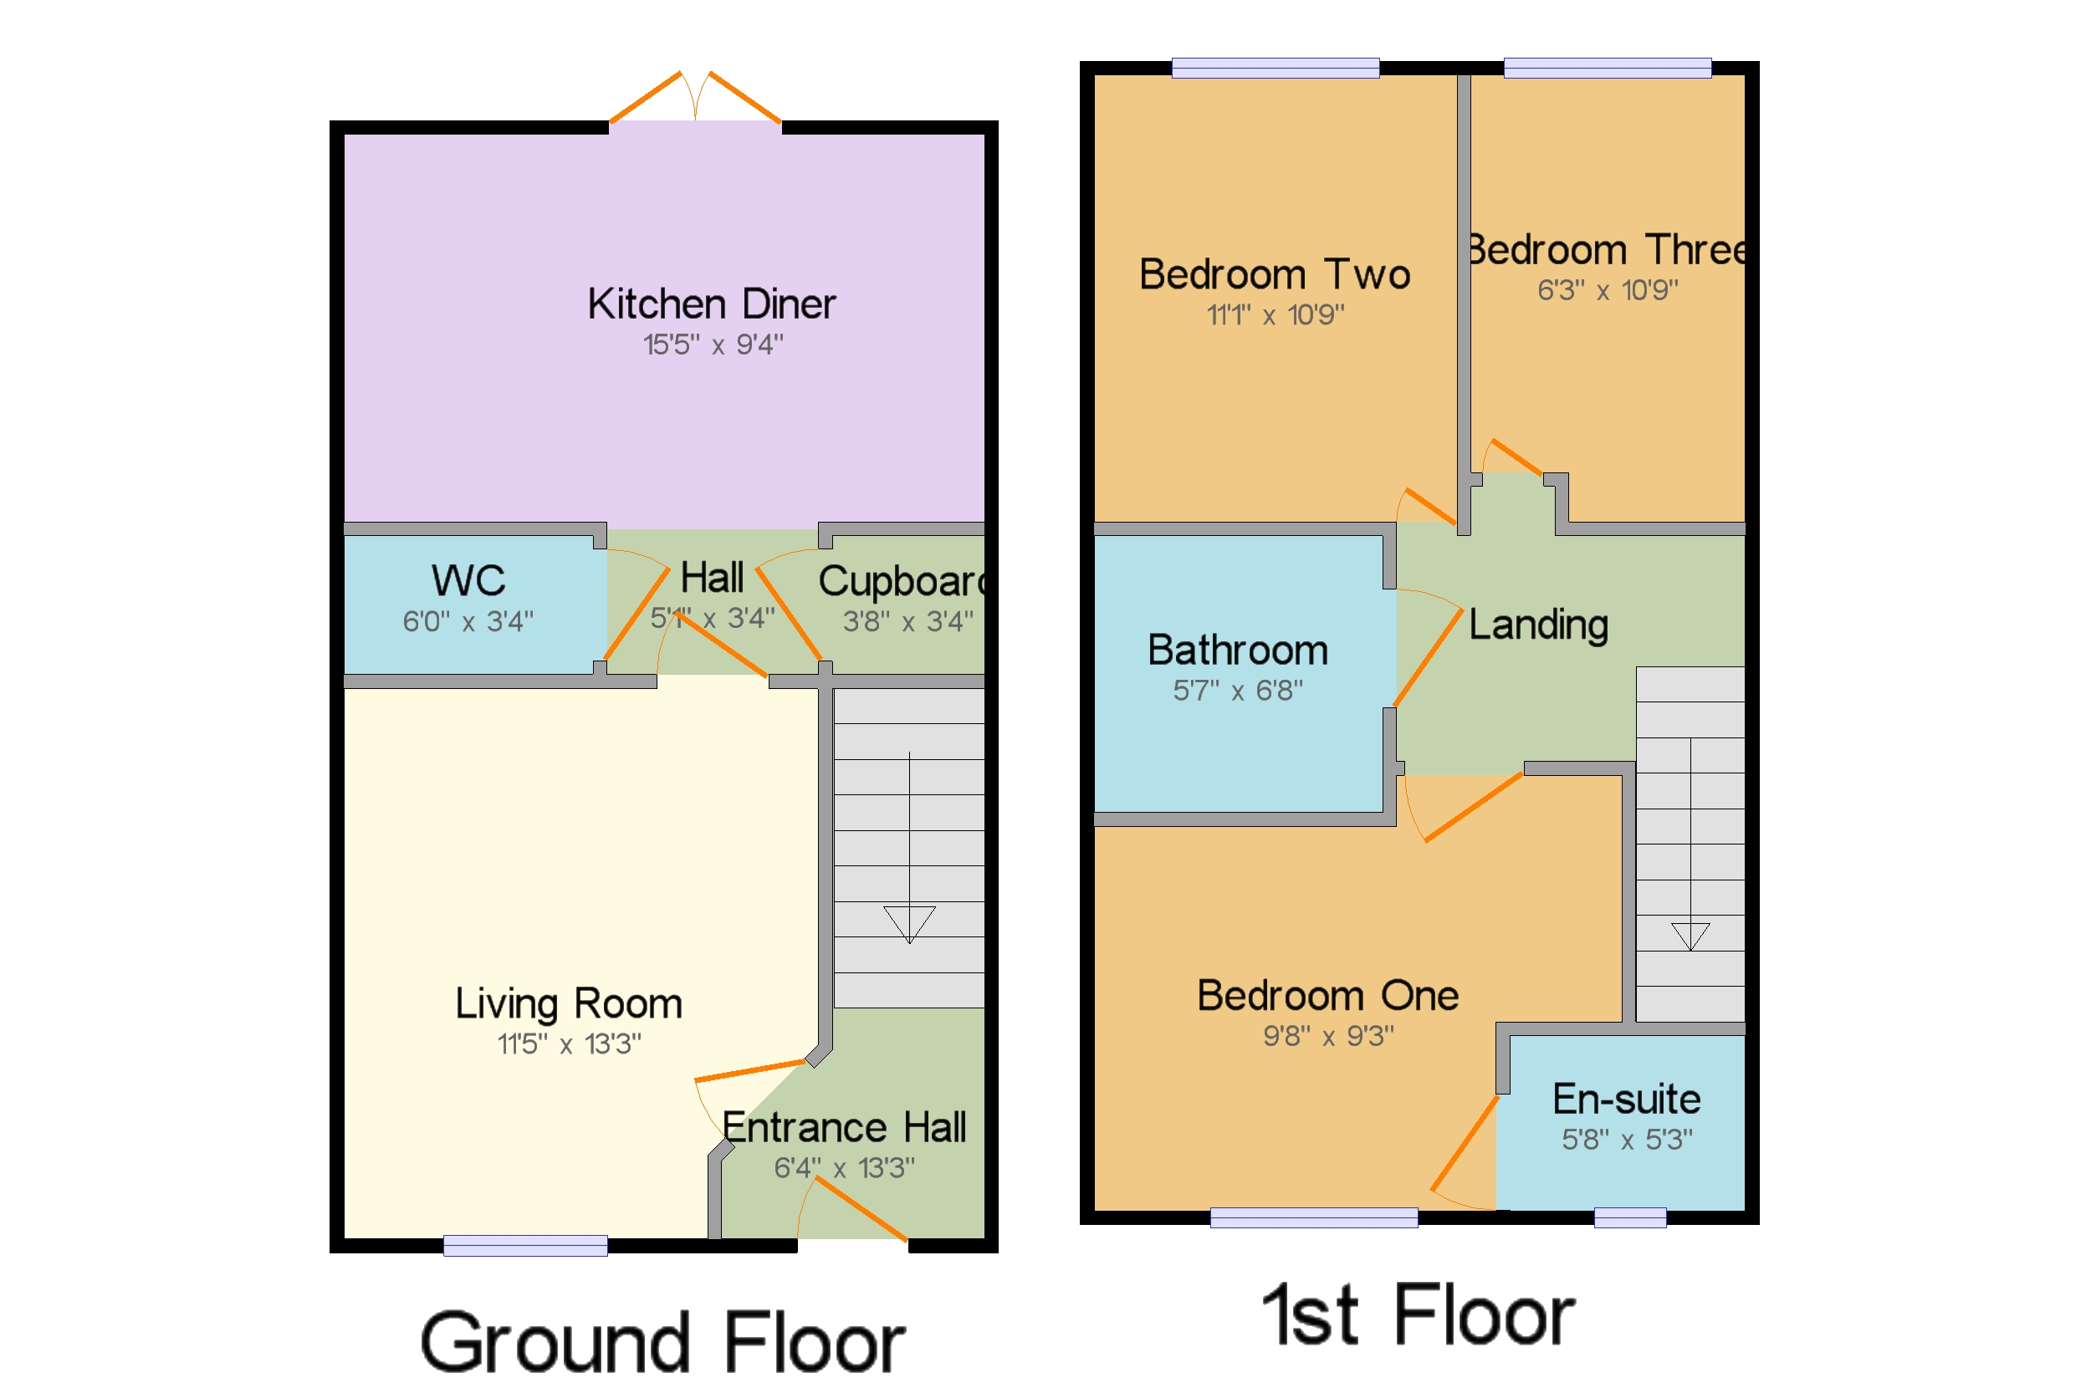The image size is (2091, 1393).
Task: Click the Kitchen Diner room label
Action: [711, 304]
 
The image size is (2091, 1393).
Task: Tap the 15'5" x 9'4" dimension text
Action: [713, 344]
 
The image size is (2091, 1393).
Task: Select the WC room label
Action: [468, 581]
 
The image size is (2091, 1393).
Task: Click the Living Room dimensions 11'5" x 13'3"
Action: [569, 1043]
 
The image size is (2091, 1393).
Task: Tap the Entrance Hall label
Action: [843, 1127]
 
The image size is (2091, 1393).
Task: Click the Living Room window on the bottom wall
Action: [525, 1246]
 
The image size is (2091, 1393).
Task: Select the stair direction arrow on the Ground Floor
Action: [909, 923]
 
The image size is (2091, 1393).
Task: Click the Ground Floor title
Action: [662, 1342]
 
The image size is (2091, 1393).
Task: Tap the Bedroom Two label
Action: [1275, 274]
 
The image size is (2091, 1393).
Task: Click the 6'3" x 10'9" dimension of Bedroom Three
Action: [1608, 290]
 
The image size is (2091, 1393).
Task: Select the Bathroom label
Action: [1237, 651]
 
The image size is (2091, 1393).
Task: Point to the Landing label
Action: [1538, 625]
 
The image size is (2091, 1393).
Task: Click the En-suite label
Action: [1626, 1100]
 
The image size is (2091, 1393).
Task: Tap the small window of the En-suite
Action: [1630, 1218]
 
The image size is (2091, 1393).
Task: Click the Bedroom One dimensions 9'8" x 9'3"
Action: [1328, 1036]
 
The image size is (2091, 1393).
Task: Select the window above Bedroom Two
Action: [1276, 69]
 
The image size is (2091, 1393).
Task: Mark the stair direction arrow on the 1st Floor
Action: [1690, 936]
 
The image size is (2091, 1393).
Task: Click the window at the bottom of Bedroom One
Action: [1313, 1218]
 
